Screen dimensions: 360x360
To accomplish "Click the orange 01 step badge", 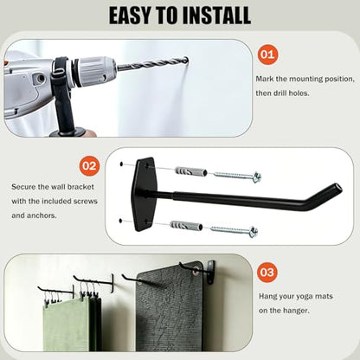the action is [x=267, y=55].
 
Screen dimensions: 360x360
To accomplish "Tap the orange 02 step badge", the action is [x=89, y=166].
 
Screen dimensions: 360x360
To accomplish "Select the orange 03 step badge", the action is [x=267, y=273].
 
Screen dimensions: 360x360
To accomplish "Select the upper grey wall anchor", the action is [x=191, y=171].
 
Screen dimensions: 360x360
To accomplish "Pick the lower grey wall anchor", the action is [x=186, y=226].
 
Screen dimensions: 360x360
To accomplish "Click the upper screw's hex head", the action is [x=257, y=177].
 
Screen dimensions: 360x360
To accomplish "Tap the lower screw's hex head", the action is [x=254, y=232].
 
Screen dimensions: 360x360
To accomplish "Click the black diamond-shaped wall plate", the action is [x=144, y=195].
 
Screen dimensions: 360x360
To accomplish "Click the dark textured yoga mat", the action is [x=170, y=307].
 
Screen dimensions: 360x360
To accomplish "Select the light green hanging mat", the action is [x=66, y=325].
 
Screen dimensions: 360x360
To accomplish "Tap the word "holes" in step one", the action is [x=299, y=93].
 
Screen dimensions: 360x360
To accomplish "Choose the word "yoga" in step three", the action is [x=305, y=297].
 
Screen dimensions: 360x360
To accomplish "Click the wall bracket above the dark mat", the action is [x=210, y=272].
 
